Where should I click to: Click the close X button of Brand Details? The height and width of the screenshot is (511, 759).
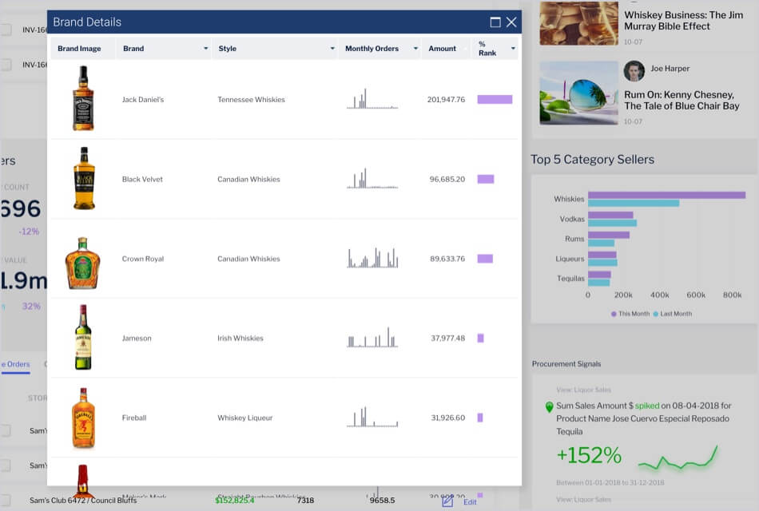pos(511,22)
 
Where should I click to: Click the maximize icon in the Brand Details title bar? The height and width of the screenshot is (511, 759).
pos(495,22)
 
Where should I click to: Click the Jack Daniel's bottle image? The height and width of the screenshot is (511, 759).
pos(83,99)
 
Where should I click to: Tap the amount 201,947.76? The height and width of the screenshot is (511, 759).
pos(446,100)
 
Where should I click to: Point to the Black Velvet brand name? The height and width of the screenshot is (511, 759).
pos(142,180)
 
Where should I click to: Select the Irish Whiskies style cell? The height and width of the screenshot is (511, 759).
pos(240,339)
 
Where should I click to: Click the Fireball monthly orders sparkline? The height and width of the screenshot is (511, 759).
pos(372,418)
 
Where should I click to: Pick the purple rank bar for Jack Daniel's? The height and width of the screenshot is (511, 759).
pos(495,100)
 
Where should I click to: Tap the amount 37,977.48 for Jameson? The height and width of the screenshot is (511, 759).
pos(447,339)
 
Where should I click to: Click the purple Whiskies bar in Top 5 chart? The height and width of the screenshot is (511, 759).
pos(666,195)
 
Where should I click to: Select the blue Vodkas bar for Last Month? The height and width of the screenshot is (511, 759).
pos(612,223)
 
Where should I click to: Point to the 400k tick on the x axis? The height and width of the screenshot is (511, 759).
pos(660,295)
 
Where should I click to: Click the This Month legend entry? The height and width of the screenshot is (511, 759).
pos(630,314)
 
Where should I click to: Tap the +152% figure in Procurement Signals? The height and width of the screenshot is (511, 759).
pos(589,455)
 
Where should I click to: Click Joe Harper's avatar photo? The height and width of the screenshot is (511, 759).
pos(634,70)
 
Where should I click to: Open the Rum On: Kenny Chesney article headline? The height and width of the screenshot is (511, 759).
pos(682,100)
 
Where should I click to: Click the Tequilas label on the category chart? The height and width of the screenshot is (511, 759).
pos(570,279)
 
